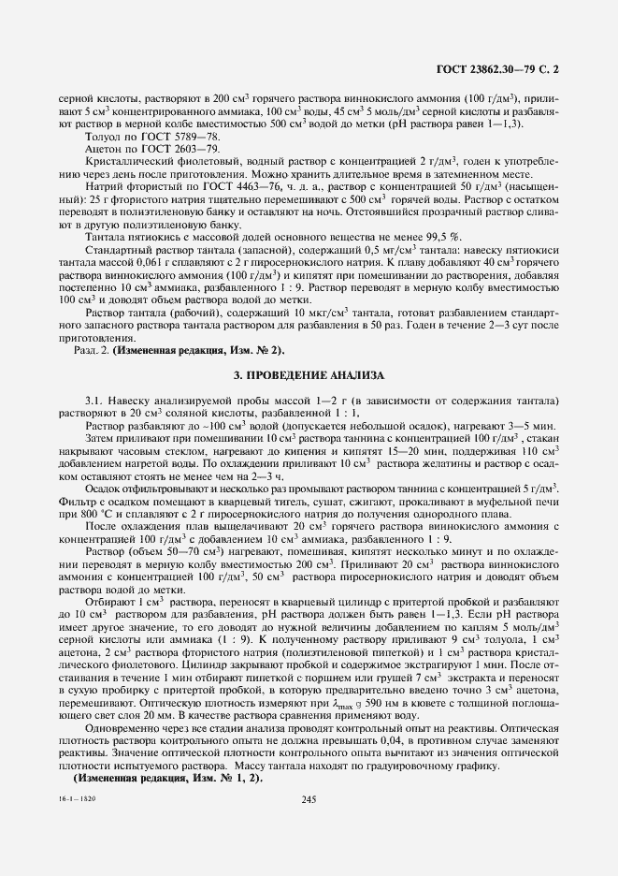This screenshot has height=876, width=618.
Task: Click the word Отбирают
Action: [x=109, y=603]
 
